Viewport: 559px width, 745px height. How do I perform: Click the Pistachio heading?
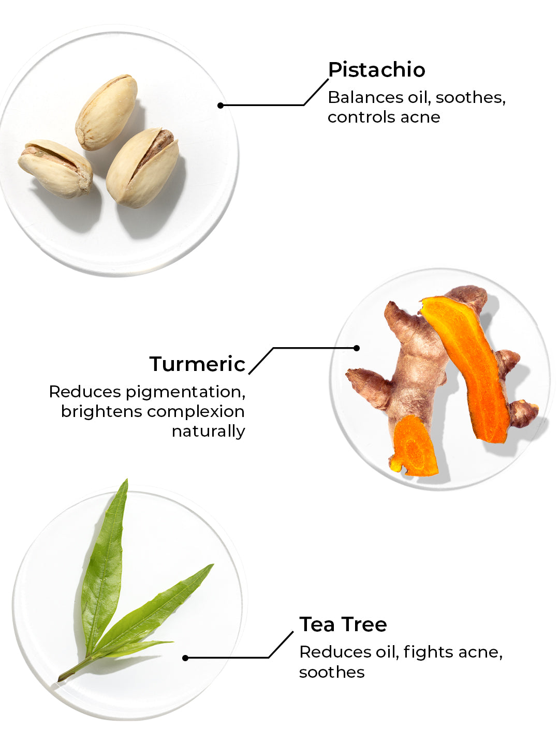pos(376,70)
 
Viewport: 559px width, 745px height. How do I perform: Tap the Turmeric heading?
pos(197,364)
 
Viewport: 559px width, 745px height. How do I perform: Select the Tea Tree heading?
pos(343,624)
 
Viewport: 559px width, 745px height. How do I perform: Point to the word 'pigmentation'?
pos(185,392)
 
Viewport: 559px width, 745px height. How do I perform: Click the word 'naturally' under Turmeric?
pos(209,431)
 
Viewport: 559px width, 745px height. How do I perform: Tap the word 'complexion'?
pos(196,412)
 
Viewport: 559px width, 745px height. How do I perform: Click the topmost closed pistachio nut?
pos(107,112)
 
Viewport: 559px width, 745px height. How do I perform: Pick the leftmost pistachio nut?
pos(55,168)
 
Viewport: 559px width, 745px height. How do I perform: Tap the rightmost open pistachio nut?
pos(142,168)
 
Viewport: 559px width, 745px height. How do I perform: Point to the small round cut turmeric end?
pos(414,446)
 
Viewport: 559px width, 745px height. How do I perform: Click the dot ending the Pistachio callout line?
pos(220,106)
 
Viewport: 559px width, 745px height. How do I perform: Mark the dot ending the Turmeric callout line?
pos(357,348)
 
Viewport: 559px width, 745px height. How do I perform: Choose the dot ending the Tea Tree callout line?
pos(185,658)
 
